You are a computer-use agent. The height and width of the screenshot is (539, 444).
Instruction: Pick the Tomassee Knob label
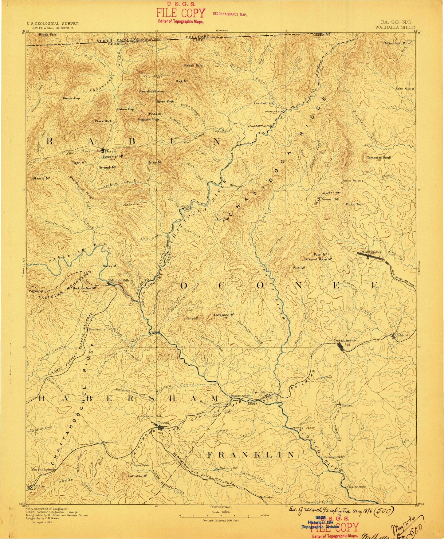tap(379, 158)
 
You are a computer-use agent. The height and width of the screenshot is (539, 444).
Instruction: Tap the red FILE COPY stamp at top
tap(180, 13)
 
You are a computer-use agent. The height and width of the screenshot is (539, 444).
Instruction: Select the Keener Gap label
tap(71, 98)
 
